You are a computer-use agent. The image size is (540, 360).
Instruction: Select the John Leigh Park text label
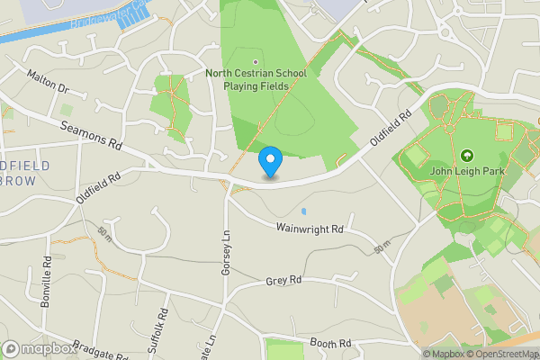tap(466, 172)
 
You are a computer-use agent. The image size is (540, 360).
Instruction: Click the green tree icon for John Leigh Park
tap(466, 155)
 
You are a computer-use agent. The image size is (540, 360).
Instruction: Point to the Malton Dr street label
tap(48, 82)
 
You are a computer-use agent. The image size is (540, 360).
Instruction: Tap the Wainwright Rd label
tap(310, 229)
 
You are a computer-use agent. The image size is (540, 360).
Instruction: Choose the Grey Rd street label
tap(283, 282)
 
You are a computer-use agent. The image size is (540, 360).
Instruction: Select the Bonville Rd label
tap(47, 282)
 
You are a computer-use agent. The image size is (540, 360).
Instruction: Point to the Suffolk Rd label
tap(158, 328)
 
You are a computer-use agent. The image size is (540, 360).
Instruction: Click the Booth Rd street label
tap(329, 344)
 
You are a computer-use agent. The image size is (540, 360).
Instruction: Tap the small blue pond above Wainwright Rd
tap(304, 211)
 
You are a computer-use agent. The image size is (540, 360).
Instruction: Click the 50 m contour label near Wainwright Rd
tap(383, 246)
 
